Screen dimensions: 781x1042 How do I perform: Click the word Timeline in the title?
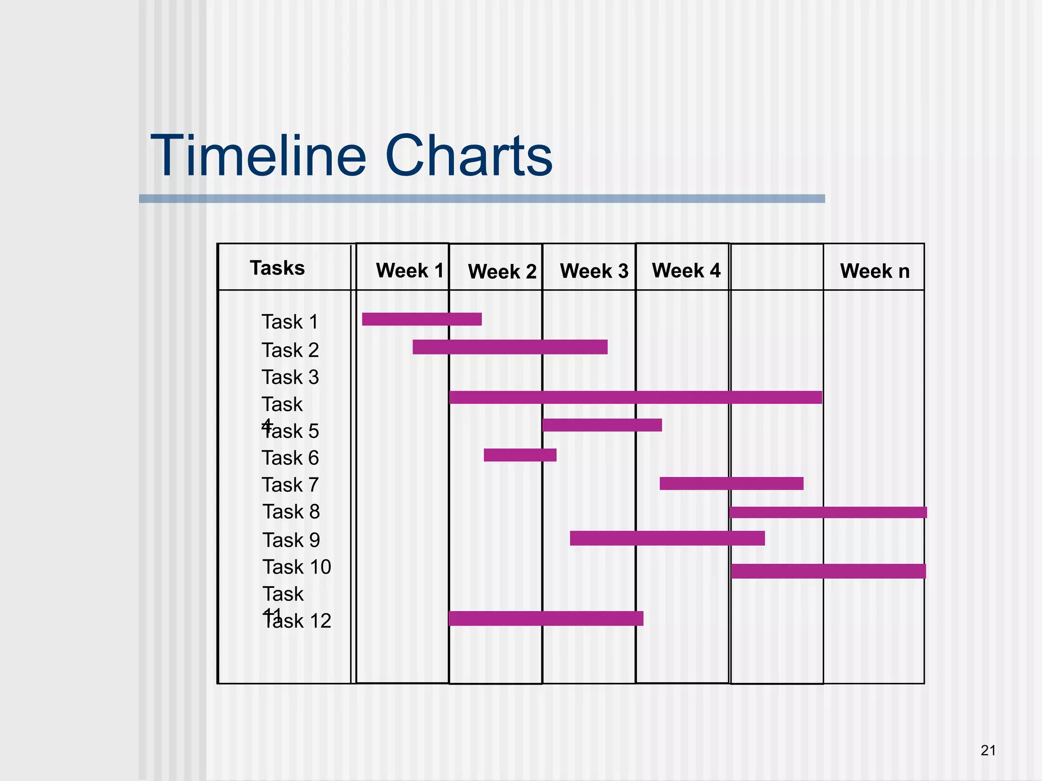(x=258, y=156)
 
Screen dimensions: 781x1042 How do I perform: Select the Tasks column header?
(x=277, y=268)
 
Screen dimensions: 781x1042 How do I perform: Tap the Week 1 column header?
(x=410, y=271)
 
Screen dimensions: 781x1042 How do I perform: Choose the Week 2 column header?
(x=502, y=272)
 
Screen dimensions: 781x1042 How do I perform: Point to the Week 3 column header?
(x=594, y=271)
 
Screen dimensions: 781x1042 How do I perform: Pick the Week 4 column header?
(x=686, y=271)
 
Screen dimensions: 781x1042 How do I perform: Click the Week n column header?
(x=875, y=271)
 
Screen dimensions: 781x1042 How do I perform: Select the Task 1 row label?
(x=290, y=322)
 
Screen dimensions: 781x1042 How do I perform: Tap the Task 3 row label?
(x=290, y=377)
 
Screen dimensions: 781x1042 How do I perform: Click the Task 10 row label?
(x=297, y=567)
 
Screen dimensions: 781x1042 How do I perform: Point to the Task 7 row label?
(x=290, y=485)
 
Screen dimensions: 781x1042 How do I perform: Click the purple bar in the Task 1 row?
(x=422, y=319)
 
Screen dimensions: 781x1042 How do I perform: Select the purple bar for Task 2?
(x=510, y=347)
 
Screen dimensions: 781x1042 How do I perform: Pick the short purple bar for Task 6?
(x=520, y=455)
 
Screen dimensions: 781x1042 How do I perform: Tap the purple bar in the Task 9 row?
(x=667, y=538)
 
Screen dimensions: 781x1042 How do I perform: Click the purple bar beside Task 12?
(x=546, y=619)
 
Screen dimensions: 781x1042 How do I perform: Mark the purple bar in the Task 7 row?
(x=731, y=484)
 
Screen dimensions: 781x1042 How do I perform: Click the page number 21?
(x=988, y=750)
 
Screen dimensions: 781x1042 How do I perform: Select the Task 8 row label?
(x=291, y=512)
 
